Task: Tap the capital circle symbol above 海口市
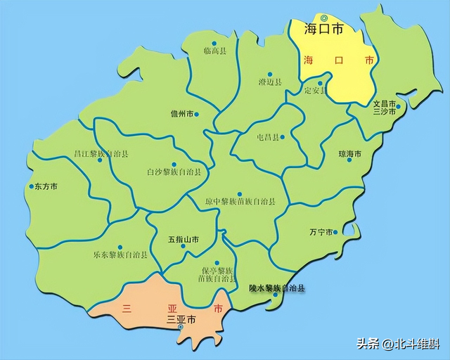tap(323, 18)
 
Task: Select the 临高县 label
tap(214, 51)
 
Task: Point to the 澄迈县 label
tap(269, 82)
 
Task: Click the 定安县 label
tap(315, 91)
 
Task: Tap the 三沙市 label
tap(385, 111)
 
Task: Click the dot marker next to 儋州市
tap(196, 114)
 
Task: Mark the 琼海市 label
tap(349, 153)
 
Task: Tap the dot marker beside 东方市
tap(30, 187)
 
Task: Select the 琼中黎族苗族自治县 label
tap(240, 202)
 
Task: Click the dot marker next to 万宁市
tap(335, 232)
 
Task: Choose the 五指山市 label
tap(184, 240)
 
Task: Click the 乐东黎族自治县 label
tap(120, 254)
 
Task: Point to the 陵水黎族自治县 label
tap(277, 288)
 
